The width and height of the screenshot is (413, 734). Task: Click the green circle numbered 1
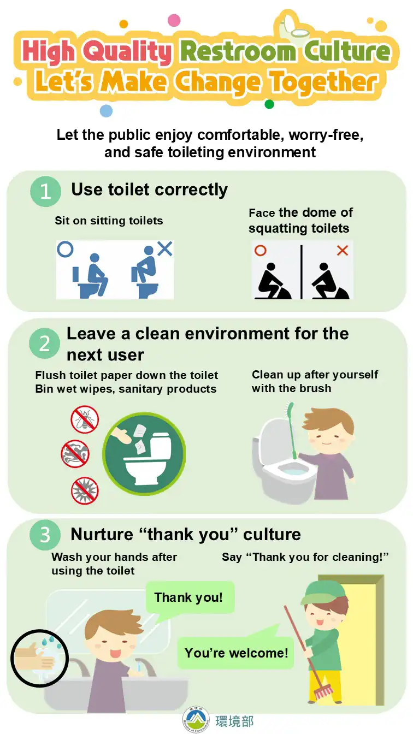pyautogui.click(x=45, y=191)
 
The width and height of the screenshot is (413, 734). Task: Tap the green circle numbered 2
pyautogui.click(x=45, y=344)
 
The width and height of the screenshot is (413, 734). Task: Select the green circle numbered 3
pyautogui.click(x=45, y=535)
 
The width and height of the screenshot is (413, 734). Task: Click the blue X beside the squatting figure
pyautogui.click(x=165, y=248)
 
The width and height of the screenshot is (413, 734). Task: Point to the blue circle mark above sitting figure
pyautogui.click(x=65, y=249)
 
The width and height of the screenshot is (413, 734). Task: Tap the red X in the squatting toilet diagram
pyautogui.click(x=343, y=251)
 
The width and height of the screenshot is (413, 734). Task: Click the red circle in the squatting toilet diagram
pyautogui.click(x=260, y=251)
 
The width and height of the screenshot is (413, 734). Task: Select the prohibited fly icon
pyautogui.click(x=85, y=420)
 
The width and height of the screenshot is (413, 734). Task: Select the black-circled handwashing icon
pyautogui.click(x=40, y=658)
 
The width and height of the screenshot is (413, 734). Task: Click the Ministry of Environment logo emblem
pyautogui.click(x=196, y=719)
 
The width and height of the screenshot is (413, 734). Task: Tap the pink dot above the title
pyautogui.click(x=174, y=20)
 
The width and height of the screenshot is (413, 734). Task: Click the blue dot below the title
pyautogui.click(x=106, y=111)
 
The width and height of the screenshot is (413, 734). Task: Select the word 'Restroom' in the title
pyautogui.click(x=238, y=52)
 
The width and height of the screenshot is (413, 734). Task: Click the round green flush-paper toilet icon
pyautogui.click(x=144, y=454)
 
